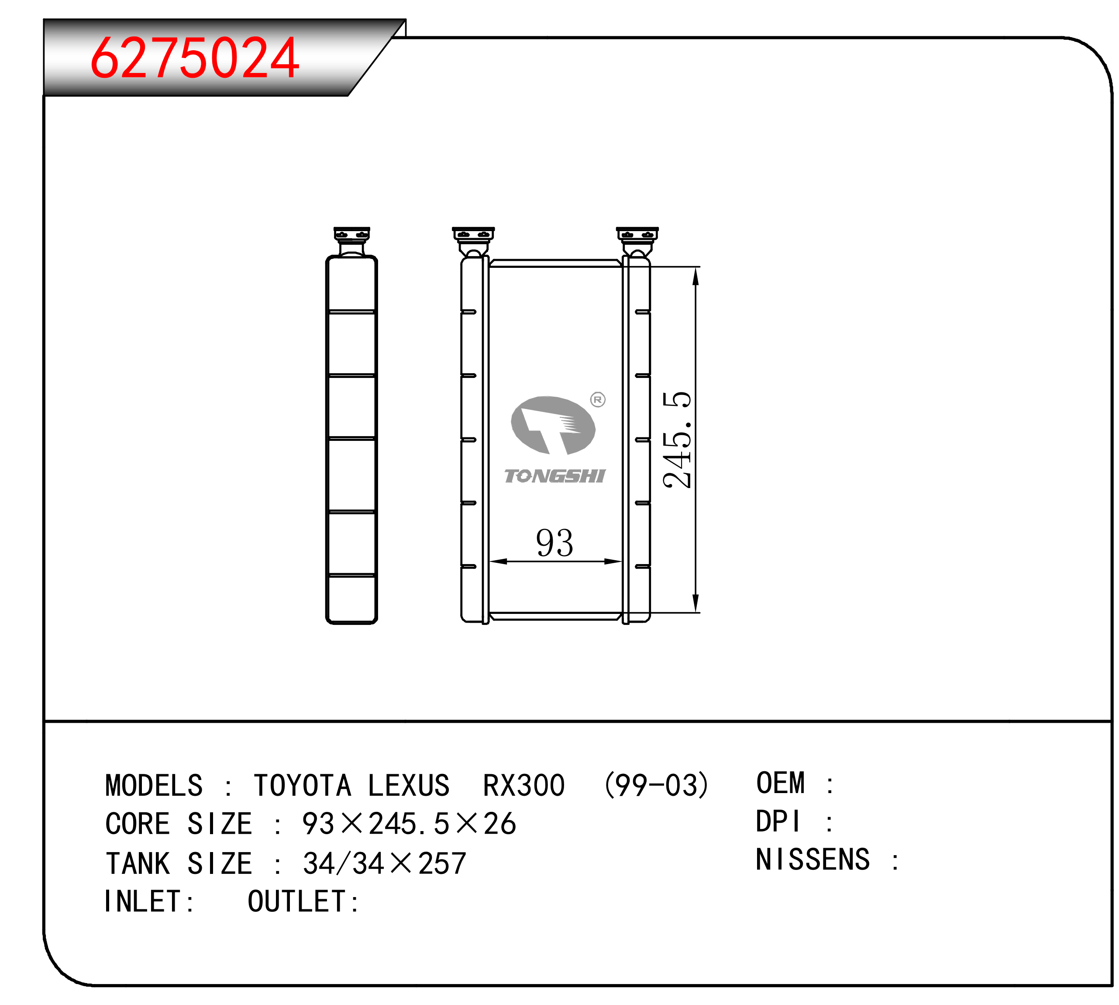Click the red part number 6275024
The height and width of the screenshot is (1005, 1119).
(x=195, y=58)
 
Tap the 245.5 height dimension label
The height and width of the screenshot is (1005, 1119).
(x=677, y=440)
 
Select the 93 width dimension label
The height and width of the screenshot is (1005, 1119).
(x=554, y=542)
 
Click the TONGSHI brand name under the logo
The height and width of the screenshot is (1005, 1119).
(x=554, y=476)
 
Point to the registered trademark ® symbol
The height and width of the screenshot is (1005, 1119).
(x=598, y=399)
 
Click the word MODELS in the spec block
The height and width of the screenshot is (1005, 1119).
(x=154, y=786)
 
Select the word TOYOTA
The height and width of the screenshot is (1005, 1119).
(x=303, y=786)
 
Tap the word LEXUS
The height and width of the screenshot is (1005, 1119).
(x=409, y=786)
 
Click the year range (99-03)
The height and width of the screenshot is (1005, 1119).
(x=656, y=786)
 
